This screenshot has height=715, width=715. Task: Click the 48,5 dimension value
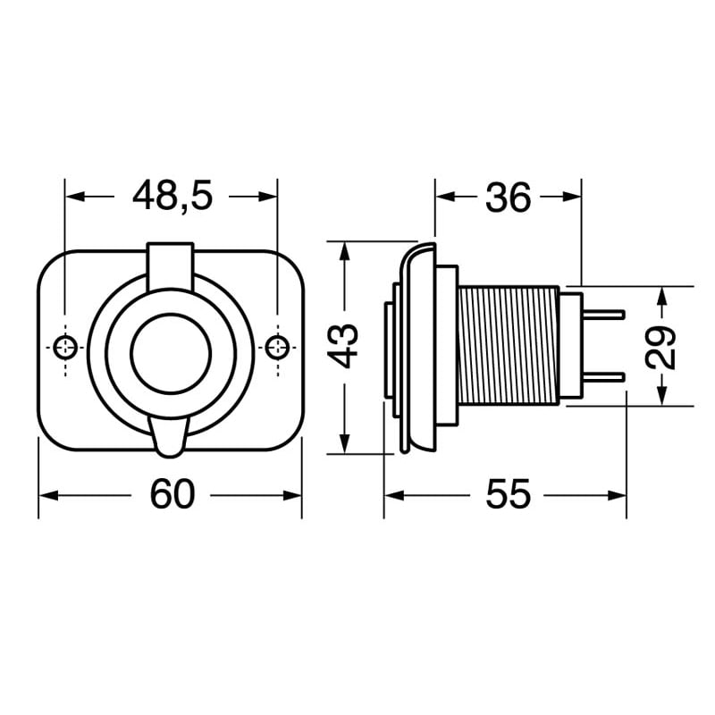(x=172, y=196)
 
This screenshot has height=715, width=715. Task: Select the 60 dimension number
(x=172, y=494)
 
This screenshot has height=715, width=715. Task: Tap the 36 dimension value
(x=508, y=198)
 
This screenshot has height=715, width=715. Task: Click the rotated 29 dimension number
(x=661, y=347)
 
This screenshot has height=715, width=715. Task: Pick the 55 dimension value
(x=508, y=494)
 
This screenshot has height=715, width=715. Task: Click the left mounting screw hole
(x=65, y=346)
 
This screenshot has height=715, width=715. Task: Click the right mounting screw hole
(x=278, y=346)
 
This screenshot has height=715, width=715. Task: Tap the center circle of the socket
(x=171, y=350)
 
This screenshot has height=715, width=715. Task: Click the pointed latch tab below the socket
(x=171, y=437)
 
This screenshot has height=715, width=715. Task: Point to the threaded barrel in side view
(x=508, y=345)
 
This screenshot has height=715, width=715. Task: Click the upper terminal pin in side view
(x=602, y=314)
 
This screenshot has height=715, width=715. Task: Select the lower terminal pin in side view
(x=602, y=376)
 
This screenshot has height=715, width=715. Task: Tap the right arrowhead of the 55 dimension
(x=618, y=495)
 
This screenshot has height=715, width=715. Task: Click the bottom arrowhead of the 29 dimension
(x=661, y=397)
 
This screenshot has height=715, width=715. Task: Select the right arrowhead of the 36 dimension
(x=573, y=197)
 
